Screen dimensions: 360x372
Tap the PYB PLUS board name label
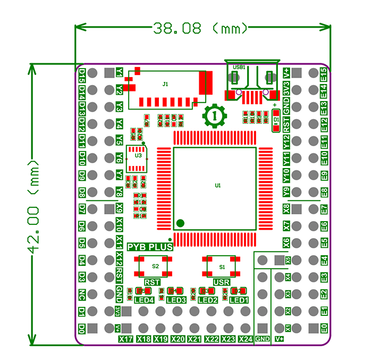tap(150, 247)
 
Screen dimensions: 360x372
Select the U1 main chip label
tap(217, 186)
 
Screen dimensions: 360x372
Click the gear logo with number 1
tap(215, 115)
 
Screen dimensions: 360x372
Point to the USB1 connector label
tap(239, 68)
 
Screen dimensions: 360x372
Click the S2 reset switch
tap(155, 265)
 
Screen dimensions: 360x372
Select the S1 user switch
tap(222, 265)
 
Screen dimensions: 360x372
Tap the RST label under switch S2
tap(153, 282)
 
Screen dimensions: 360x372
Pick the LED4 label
tap(144, 300)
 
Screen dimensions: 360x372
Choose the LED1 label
tap(239, 300)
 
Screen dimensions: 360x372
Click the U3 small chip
tap(138, 156)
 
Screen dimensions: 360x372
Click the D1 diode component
tap(276, 121)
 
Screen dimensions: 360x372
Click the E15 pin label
tap(324, 73)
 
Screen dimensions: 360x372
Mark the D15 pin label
tap(82, 73)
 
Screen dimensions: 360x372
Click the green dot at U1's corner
tap(181, 222)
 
